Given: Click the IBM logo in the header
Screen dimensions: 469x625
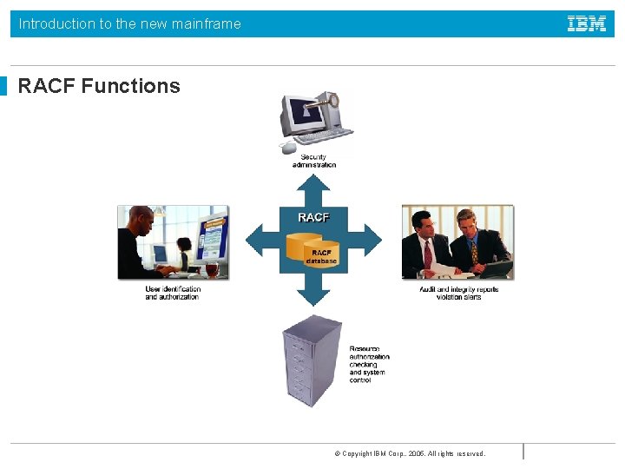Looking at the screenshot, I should (587, 24).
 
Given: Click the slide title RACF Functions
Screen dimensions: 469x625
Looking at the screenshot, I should (99, 86).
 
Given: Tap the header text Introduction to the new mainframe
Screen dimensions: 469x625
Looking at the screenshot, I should (129, 24).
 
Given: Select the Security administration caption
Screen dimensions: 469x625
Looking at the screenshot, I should (313, 161).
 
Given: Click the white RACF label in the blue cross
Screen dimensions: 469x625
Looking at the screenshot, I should (313, 217).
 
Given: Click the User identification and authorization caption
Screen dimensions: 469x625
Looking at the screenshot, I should (173, 293).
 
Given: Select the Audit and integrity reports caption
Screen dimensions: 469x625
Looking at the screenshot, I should (458, 293).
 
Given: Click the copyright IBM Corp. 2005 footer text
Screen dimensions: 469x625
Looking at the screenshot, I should (410, 453).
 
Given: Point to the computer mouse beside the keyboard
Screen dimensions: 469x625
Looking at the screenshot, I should (289, 148).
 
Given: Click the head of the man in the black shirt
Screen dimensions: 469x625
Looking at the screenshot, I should (141, 219).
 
